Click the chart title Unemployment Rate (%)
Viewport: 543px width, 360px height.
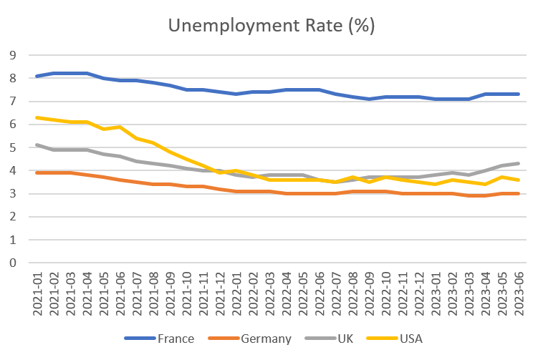[x=271, y=26]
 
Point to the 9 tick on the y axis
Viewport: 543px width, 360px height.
[x=12, y=55]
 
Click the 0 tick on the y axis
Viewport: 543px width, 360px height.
[x=12, y=263]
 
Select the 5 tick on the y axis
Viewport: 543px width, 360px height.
[x=12, y=147]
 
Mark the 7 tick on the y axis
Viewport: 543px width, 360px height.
[x=12, y=102]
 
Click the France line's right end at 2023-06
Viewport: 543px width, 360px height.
[x=518, y=94]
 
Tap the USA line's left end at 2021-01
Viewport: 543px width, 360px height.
[x=37, y=117]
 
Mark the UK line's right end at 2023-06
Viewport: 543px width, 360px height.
[x=518, y=163]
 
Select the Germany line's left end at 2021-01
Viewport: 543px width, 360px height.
[x=37, y=172]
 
